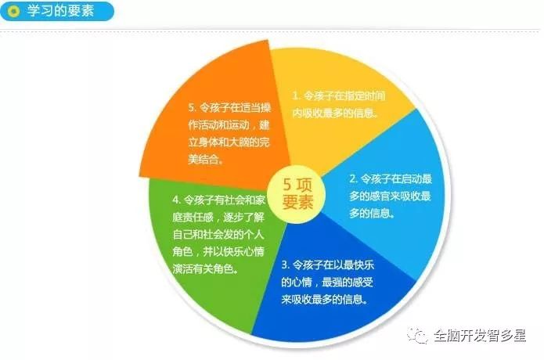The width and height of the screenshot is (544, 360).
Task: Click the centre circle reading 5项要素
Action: pos(298,193)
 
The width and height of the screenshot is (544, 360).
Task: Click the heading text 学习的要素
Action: pos(61,11)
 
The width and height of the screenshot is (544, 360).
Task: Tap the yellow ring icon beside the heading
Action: pos(13,12)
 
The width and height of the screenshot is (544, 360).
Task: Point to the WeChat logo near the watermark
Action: pos(416,336)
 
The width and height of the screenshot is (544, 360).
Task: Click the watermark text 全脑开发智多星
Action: pos(480,336)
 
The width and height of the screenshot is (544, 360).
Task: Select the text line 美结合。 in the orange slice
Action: pos(206,159)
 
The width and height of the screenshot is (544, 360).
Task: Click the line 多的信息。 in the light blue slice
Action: pos(372,213)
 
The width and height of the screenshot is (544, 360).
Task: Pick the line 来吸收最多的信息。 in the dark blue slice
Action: pos(325,299)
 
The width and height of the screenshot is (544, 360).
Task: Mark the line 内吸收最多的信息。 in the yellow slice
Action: pos(335,113)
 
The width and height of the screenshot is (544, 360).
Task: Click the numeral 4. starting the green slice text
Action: pos(177,200)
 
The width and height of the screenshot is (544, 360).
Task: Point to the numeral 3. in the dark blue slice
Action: pos(285,265)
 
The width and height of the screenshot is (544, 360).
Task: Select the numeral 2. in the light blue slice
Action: pos(353,178)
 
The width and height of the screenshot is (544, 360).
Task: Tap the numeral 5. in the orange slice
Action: pos(193,107)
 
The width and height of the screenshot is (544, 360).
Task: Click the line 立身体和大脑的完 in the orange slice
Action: pos(229,142)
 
